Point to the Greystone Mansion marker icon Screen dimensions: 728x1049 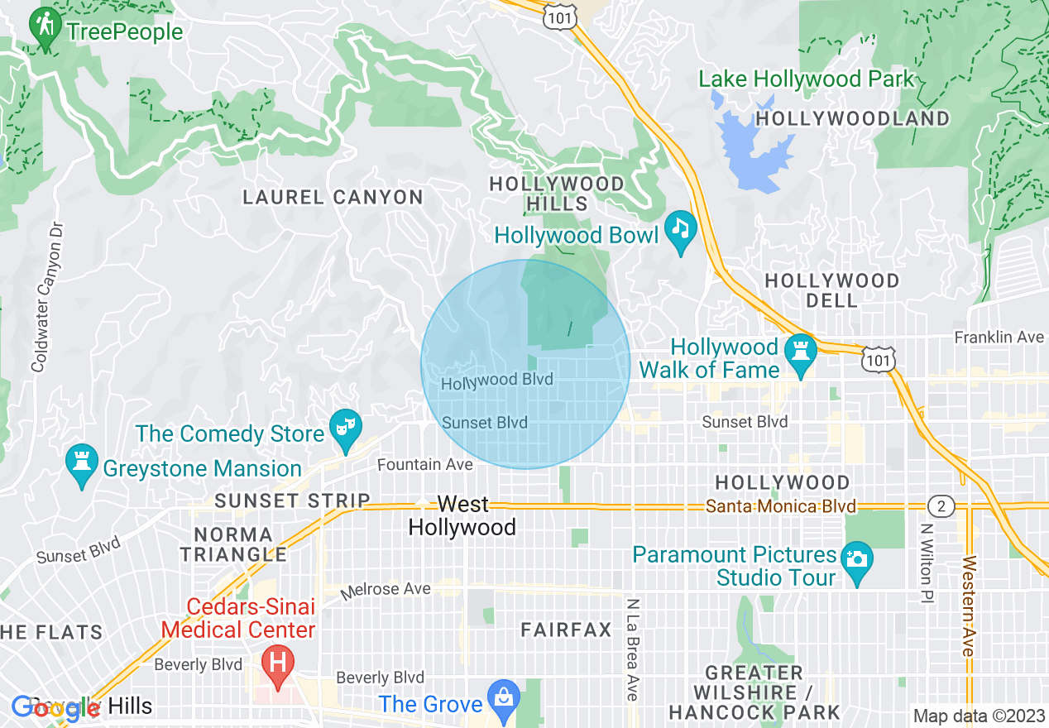click(82, 464)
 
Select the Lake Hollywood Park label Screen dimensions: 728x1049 click(807, 79)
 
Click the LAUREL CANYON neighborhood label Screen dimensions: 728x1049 click(333, 197)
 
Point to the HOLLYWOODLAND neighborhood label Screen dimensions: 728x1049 click(853, 119)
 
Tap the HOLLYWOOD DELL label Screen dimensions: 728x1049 click(831, 290)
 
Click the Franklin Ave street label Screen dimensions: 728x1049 click(999, 338)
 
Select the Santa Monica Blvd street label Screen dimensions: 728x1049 click(782, 506)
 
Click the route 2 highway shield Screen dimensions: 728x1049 click(941, 505)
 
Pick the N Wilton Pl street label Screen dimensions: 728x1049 click(926, 563)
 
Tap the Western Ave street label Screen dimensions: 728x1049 click(968, 607)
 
